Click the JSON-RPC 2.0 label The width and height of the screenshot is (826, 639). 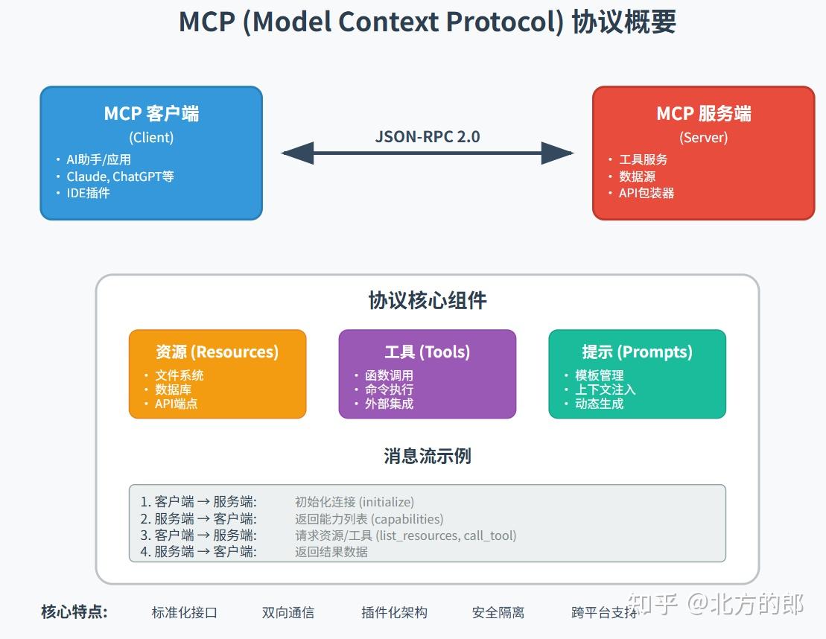427,136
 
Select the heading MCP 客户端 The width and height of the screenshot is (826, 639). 151,114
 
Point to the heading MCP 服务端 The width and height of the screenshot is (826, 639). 703,114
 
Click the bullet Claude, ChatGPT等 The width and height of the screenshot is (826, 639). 120,177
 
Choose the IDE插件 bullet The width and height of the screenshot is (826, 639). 88,193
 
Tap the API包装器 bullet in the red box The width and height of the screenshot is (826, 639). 646,193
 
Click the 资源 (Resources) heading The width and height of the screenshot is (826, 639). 217,352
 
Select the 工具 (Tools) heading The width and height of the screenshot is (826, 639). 427,352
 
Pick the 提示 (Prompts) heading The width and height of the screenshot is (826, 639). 637,352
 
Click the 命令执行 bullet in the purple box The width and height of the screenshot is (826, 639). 389,390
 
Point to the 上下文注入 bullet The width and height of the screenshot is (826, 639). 605,390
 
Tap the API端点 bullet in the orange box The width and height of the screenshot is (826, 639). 176,404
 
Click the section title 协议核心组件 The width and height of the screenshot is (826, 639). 427,300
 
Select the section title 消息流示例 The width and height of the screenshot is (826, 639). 427,456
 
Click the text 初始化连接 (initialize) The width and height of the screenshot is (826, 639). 354,502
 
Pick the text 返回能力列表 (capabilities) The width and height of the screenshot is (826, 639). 369,519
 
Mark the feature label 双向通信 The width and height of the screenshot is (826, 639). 287,613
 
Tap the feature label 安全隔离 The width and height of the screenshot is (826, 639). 498,613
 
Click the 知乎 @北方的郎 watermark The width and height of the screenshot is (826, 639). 716,604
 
